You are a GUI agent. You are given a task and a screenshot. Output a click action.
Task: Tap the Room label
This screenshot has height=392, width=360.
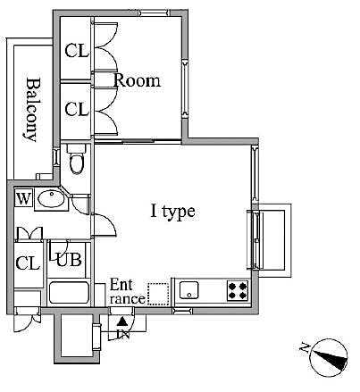coord(137,80)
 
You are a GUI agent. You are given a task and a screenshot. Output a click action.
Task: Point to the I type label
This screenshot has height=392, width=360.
coord(172,212)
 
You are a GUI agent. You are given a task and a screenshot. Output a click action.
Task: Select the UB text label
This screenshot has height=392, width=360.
coord(68,261)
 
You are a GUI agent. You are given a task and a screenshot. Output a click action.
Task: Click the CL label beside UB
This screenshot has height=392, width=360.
coord(28,263)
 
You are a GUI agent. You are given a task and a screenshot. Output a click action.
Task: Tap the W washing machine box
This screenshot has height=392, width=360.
coord(23,198)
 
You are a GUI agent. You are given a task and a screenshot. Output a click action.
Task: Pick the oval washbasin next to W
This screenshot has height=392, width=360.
coord(53,198)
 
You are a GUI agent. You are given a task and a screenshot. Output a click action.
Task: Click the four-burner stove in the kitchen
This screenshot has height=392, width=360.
coord(238,289)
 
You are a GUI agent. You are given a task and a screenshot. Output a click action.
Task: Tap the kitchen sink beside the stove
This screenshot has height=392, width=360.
coord(188,289)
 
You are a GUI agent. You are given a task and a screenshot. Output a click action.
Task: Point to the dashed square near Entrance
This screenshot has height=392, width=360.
coord(157,294)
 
